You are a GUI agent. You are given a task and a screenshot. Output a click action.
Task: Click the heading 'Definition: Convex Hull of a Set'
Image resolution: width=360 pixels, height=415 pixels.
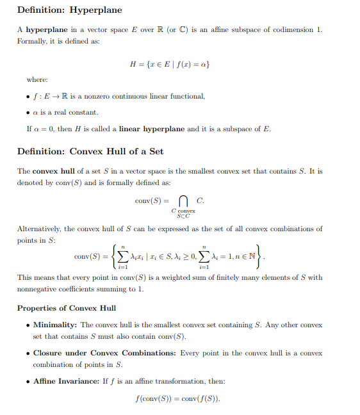90,152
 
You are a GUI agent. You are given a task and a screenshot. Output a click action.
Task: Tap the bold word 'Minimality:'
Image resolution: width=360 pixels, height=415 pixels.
55,325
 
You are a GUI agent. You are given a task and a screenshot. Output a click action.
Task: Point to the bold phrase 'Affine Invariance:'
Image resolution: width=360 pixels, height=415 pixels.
67,381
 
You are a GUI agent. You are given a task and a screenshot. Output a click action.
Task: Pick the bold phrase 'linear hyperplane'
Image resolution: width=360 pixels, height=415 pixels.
152,129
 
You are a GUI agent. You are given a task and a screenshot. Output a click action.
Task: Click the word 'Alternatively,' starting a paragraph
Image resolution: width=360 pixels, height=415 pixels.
39,229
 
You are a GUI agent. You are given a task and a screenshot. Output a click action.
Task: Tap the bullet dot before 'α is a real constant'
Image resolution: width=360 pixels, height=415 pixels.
28,113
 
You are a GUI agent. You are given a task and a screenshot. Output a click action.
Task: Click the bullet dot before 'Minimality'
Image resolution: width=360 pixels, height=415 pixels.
28,325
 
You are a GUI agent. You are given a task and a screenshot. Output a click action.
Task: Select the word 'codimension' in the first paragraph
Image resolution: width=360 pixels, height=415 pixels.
294,30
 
